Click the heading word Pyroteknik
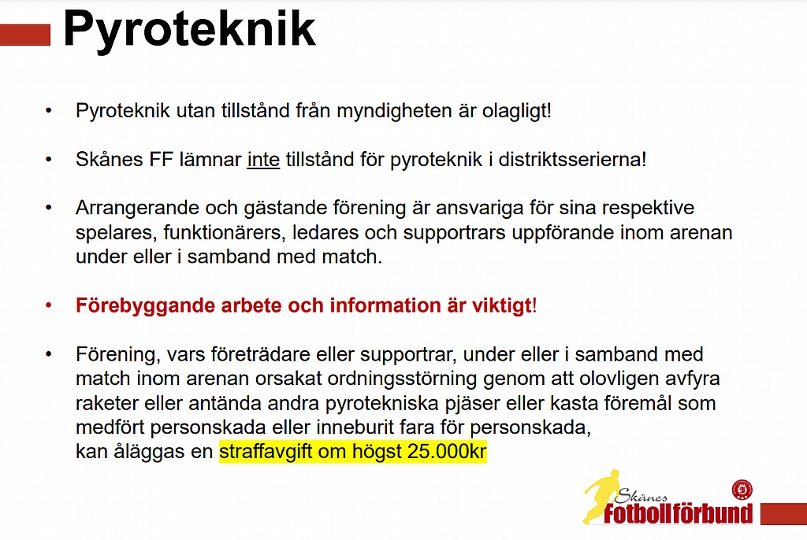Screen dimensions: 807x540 [x=189, y=31]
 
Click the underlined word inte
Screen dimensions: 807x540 [x=263, y=160]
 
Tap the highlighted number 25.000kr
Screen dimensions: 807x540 [x=447, y=452]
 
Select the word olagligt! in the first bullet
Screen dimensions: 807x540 [x=517, y=111]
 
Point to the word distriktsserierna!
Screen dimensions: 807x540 [x=572, y=160]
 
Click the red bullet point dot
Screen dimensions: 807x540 [x=48, y=305]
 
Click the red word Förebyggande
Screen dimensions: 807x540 [x=146, y=306]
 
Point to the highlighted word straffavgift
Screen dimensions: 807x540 [x=266, y=452]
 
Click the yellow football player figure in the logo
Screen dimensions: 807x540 [x=600, y=495]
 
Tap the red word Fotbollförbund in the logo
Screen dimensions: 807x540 [x=679, y=513]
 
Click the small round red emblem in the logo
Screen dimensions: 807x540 [x=742, y=489]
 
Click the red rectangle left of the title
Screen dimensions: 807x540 [x=25, y=35]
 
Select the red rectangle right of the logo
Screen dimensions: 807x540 [x=784, y=514]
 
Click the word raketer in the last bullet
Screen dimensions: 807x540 [x=107, y=403]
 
